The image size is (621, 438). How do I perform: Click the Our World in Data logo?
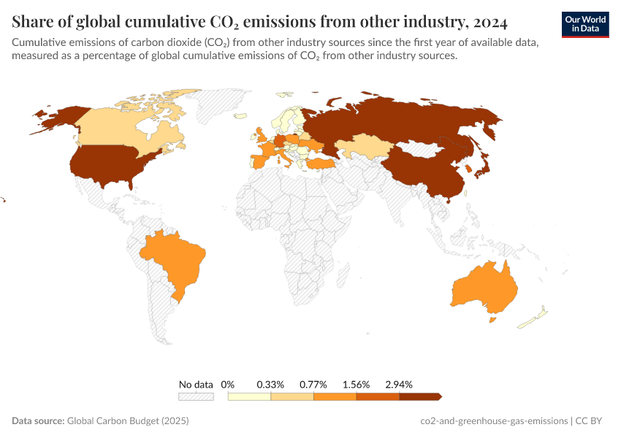[x=585, y=24]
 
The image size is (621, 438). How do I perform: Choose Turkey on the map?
[x=320, y=165]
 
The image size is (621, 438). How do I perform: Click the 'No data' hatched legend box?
[x=196, y=396]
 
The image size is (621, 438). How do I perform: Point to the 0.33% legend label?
[x=270, y=384]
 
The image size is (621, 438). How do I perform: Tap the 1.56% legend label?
[x=357, y=384]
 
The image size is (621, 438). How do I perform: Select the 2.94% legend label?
[x=400, y=384]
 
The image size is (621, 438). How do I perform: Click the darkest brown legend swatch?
[x=420, y=396]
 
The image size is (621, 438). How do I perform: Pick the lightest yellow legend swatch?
[x=249, y=396]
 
